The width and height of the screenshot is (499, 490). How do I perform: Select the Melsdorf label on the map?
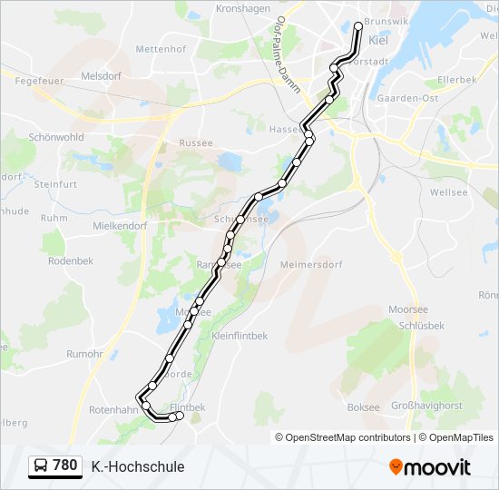point(101,76)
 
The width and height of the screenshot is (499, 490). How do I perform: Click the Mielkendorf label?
point(120,225)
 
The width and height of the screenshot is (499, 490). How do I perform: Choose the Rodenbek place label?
point(71,260)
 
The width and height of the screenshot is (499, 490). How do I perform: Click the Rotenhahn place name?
point(113,410)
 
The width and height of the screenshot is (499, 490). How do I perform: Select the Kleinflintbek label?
point(240,335)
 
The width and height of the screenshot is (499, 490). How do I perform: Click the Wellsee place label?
point(449,192)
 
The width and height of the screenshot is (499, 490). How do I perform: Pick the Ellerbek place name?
point(456,80)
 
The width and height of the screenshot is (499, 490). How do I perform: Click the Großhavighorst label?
point(426,406)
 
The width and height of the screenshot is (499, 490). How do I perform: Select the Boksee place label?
point(364,407)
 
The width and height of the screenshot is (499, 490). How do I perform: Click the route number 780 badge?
point(55,466)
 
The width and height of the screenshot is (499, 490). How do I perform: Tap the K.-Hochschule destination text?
point(138,466)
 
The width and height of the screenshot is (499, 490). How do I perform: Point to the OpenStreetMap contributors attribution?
point(343,437)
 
